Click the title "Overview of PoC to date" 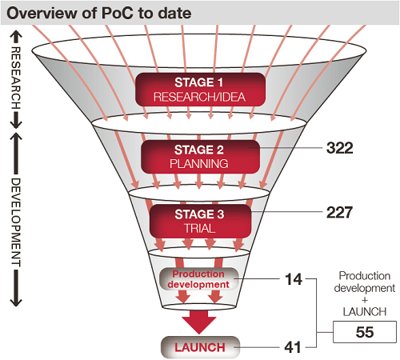pos(98,13)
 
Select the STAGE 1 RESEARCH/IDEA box pos(200,90)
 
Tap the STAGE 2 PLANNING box pos(200,157)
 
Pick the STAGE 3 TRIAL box pos(200,221)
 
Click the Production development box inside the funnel pos(198,279)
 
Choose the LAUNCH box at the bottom pos(200,347)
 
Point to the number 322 pos(339,148)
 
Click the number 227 pos(339,213)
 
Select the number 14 pos(294,279)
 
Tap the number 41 pos(293,347)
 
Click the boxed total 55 pos(365,332)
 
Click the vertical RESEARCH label pos(16,78)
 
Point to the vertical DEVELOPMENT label pos(16,222)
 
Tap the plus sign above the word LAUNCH pos(365,300)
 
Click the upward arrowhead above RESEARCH pos(16,34)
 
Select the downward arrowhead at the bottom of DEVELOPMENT pos(16,302)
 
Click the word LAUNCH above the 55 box pos(365,312)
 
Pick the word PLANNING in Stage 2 pos(199,164)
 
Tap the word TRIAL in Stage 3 pos(199,229)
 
